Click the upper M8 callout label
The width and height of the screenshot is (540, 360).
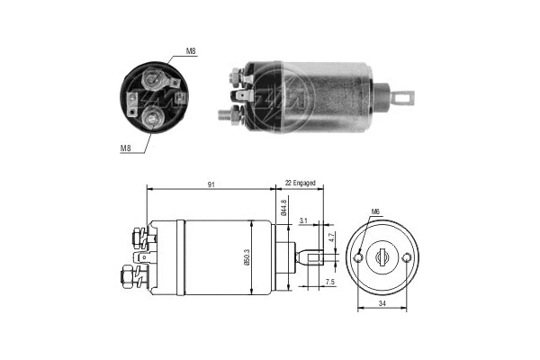click(x=191, y=52)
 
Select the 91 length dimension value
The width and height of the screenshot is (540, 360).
click(x=211, y=184)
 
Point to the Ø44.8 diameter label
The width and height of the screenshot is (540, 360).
click(x=283, y=208)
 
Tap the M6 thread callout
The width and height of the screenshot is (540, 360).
click(x=374, y=213)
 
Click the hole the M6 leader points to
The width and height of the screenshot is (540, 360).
click(x=359, y=258)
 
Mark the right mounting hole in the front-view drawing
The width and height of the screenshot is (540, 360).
click(x=407, y=258)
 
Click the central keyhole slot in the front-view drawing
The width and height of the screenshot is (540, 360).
click(x=382, y=257)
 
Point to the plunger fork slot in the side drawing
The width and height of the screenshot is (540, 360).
click(x=314, y=257)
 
